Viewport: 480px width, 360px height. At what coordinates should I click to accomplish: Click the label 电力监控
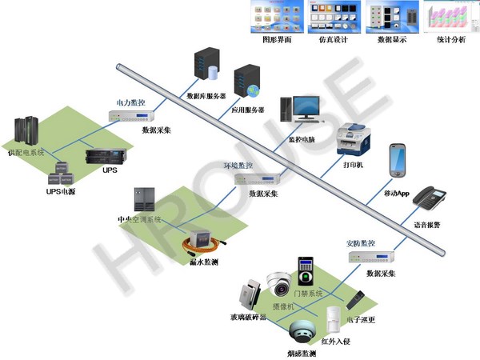(x=130, y=102)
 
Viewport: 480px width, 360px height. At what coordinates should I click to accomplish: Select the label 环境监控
(x=238, y=166)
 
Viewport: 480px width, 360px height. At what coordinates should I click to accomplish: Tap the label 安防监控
(x=359, y=243)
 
